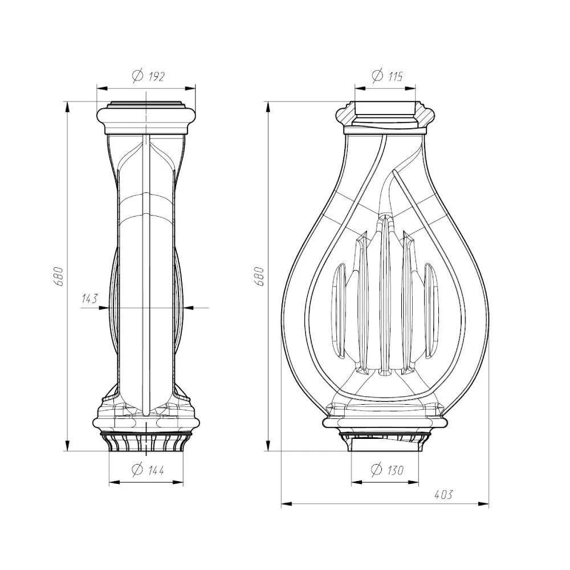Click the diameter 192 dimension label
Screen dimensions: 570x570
tap(148, 76)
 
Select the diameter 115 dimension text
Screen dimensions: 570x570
tap(388, 76)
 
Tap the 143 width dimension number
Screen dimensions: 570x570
tap(90, 299)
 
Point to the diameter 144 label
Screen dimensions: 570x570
tap(148, 470)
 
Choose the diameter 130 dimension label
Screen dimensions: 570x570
tap(387, 470)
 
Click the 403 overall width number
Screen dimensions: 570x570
tap(443, 495)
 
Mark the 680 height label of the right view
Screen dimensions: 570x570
tap(259, 276)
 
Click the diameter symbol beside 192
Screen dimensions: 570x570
tap(138, 76)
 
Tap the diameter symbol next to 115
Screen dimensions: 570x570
tap(378, 75)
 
